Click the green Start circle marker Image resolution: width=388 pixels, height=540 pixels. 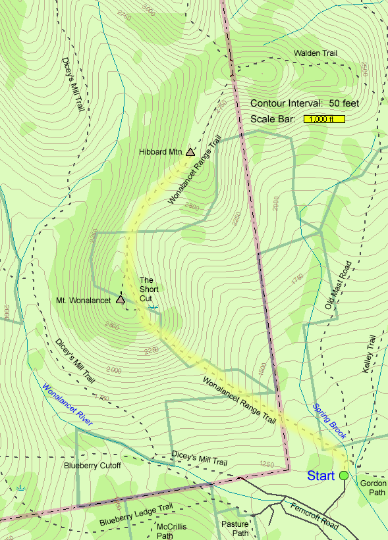tap(344, 475)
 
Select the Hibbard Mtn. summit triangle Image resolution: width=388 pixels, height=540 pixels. tap(190, 152)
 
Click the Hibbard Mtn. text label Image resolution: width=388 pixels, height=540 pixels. tap(160, 152)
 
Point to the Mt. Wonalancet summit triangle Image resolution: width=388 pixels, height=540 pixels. tap(120, 300)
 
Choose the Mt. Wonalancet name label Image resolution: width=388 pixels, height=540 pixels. tap(84, 301)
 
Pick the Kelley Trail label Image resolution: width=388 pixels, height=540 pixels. tap(370, 353)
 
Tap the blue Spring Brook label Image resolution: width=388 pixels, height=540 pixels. tap(329, 421)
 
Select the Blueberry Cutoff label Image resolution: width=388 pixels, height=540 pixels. tap(93, 466)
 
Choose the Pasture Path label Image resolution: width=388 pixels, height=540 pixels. tap(235, 529)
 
